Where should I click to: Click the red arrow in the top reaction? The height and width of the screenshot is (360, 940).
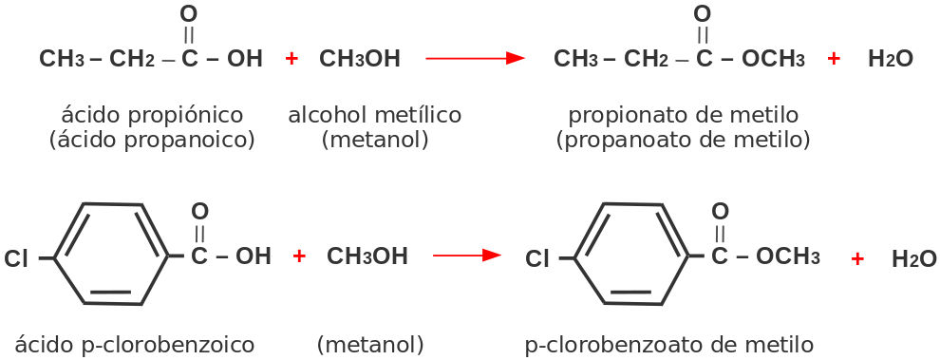(475, 59)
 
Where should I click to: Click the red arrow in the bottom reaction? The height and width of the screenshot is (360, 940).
(466, 256)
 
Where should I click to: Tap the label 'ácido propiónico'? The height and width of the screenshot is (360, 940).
(152, 115)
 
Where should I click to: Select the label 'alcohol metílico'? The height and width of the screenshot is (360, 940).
(374, 115)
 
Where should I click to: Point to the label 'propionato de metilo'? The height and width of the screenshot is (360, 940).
(683, 115)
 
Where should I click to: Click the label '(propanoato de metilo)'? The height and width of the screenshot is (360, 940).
(683, 140)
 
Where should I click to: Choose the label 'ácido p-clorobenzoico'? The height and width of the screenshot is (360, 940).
(135, 343)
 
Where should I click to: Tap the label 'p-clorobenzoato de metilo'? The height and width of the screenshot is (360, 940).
(668, 343)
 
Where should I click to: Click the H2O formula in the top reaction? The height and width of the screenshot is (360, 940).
(890, 59)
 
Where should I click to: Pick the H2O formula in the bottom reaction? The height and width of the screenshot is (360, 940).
(914, 258)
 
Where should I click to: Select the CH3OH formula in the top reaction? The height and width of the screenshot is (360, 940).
(360, 59)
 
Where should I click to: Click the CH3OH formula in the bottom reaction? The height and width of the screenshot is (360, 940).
(367, 256)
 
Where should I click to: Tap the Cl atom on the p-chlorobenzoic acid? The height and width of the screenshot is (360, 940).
(16, 258)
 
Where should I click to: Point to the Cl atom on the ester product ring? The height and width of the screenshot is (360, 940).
(537, 258)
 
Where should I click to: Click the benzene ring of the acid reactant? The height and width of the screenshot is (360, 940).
(111, 255)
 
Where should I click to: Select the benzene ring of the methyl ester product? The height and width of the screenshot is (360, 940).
(632, 255)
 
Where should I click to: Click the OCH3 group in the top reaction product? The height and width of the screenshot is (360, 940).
(773, 59)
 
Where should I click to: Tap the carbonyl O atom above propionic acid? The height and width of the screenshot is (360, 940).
(188, 14)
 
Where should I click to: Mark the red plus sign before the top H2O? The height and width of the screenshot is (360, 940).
(834, 59)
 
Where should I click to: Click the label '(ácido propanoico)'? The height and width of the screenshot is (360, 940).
(152, 140)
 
